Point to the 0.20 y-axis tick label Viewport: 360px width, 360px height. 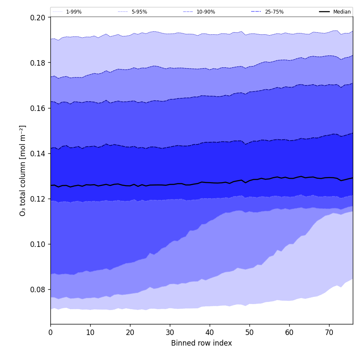pyautogui.click(x=39, y=17)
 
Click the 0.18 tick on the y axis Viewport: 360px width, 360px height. pyautogui.click(x=39, y=63)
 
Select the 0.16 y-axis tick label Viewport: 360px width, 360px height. pyautogui.click(x=39, y=108)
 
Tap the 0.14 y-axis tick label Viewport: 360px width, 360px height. pyautogui.click(x=39, y=153)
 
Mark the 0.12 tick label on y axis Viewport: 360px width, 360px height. pyautogui.click(x=39, y=199)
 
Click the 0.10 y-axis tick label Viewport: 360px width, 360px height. pyautogui.click(x=39, y=244)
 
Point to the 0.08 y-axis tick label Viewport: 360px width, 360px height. pyautogui.click(x=39, y=290)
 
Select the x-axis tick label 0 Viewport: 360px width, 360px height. pyautogui.click(x=50, y=333)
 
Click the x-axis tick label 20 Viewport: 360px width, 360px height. pyautogui.click(x=130, y=333)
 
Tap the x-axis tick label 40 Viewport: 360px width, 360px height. pyautogui.click(x=210, y=333)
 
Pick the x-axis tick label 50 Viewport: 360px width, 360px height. pyautogui.click(x=249, y=333)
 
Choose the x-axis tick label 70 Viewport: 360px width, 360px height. pyautogui.click(x=329, y=333)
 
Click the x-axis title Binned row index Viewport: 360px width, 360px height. pyautogui.click(x=202, y=343)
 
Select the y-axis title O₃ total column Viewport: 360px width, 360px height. pyautogui.click(x=23, y=170)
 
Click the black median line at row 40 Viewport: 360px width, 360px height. pyautogui.click(x=210, y=183)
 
